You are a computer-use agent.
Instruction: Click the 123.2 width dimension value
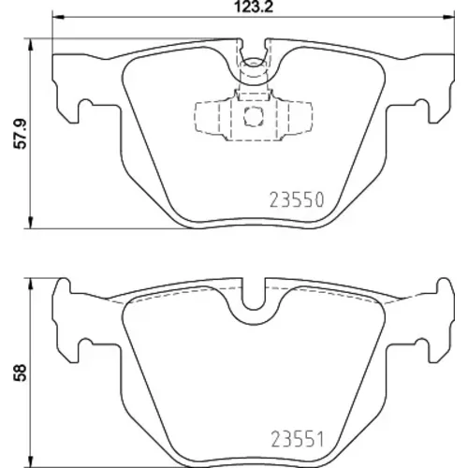[x=254, y=7]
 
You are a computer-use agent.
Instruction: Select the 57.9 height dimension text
[x=22, y=134]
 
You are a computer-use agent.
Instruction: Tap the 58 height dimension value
[x=21, y=373]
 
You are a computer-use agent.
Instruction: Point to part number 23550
[x=297, y=200]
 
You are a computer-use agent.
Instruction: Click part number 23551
[x=298, y=439]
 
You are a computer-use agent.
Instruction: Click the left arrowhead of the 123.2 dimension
[x=58, y=17]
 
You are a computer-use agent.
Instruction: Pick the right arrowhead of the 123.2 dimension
[x=448, y=17]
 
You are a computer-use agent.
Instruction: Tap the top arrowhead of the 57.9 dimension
[x=30, y=45]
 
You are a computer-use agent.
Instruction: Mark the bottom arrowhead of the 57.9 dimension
[x=30, y=223]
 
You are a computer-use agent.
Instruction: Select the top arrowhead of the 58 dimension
[x=30, y=285]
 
